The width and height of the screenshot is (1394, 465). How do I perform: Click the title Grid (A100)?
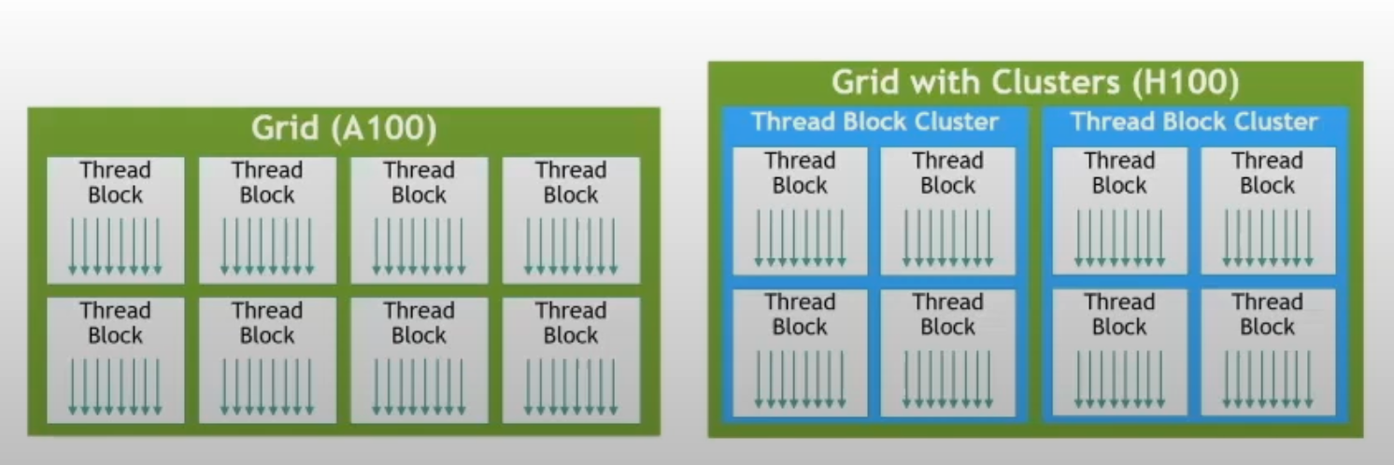pyautogui.click(x=343, y=129)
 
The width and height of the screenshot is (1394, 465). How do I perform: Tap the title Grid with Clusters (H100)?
pyautogui.click(x=1035, y=83)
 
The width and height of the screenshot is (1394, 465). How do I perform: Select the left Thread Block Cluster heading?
pyautogui.click(x=875, y=121)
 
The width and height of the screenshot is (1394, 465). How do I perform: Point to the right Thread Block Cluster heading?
pyautogui.click(x=1194, y=121)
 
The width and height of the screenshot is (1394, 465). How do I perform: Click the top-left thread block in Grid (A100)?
pyautogui.click(x=115, y=219)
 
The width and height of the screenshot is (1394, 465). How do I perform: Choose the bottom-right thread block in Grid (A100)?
pyautogui.click(x=571, y=359)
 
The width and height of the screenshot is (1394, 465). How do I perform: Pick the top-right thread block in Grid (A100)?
pyautogui.click(x=571, y=219)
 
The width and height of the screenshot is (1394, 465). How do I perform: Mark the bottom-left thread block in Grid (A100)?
pyautogui.click(x=115, y=359)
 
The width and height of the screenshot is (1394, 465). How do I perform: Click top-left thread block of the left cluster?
pyautogui.click(x=800, y=211)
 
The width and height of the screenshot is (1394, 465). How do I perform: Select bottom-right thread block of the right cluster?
pyautogui.click(x=1267, y=352)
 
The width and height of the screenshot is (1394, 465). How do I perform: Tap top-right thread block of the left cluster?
pyautogui.click(x=947, y=211)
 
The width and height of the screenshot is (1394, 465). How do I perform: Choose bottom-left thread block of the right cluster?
pyautogui.click(x=1119, y=352)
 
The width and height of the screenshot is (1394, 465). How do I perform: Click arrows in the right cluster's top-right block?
pyautogui.click(x=1267, y=238)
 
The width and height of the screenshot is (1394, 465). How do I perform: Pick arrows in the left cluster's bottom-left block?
pyautogui.click(x=800, y=379)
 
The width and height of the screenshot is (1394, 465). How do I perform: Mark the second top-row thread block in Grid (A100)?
pyautogui.click(x=267, y=219)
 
